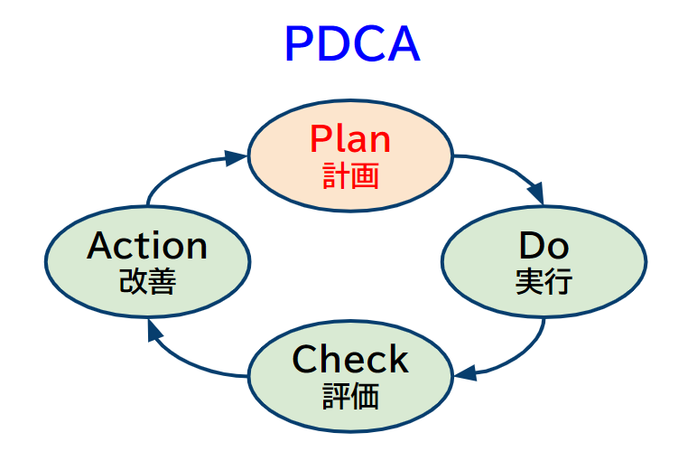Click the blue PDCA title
pyautogui.click(x=351, y=44)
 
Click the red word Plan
pyautogui.click(x=350, y=139)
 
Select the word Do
pyautogui.click(x=544, y=246)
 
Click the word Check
pyautogui.click(x=350, y=360)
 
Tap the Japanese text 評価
pyautogui.click(x=350, y=396)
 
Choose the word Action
pyautogui.click(x=147, y=246)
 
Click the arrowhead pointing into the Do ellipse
pyautogui.click(x=536, y=194)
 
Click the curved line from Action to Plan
pyautogui.click(x=176, y=172)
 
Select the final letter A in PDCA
pyautogui.click(x=404, y=44)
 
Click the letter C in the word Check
pyautogui.click(x=304, y=360)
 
